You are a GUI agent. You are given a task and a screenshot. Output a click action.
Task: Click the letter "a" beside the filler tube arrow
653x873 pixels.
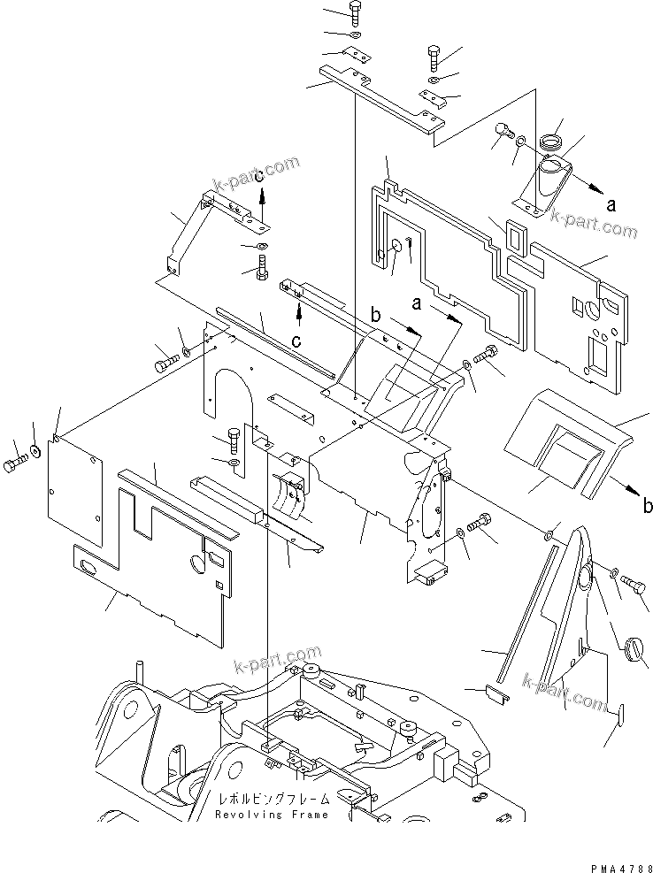pos(611,203)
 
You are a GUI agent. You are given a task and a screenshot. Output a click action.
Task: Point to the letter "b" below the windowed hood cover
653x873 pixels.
pos(648,507)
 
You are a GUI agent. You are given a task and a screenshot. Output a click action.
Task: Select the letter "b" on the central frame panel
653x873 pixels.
pos(376,313)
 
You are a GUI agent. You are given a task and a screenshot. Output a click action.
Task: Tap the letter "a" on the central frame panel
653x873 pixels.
pos(417,302)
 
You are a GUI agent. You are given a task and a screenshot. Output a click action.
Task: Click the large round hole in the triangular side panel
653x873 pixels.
pos(587,580)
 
